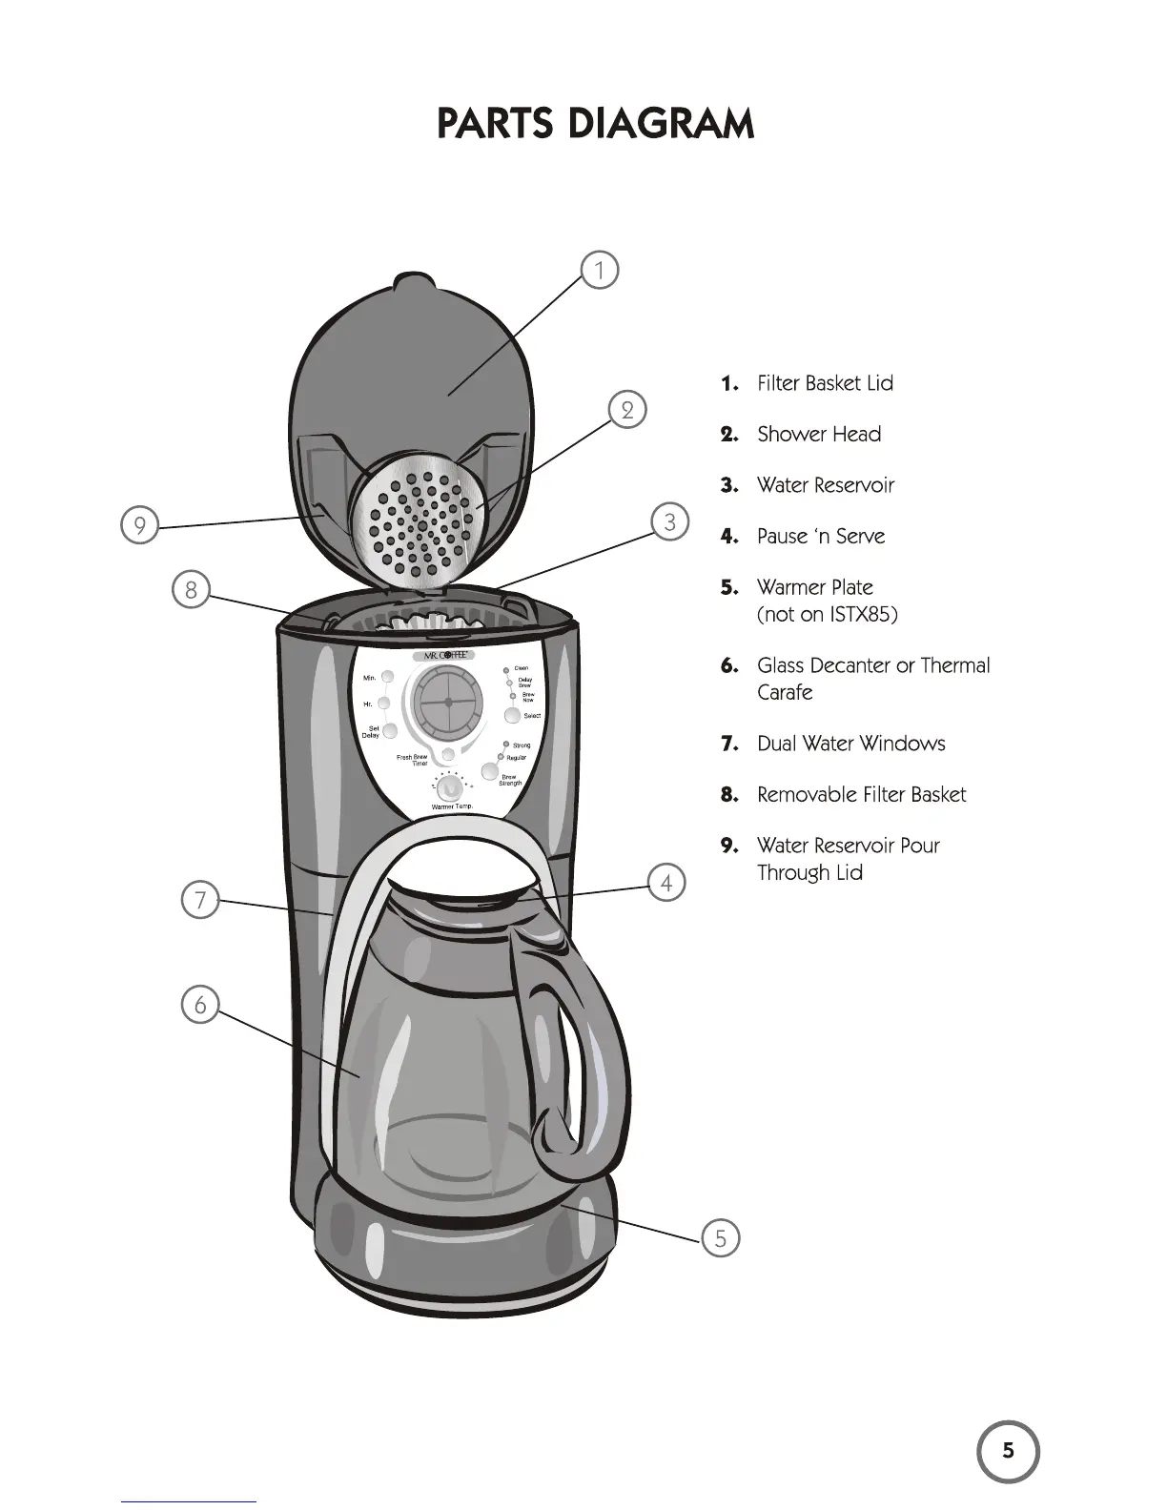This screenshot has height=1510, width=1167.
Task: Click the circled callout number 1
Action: [600, 270]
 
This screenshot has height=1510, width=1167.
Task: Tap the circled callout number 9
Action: [139, 526]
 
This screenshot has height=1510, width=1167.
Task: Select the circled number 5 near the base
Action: [720, 1238]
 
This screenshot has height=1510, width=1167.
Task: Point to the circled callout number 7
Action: [200, 900]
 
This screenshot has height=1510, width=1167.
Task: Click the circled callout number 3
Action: [670, 522]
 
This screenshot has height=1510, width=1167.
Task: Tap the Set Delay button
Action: [389, 731]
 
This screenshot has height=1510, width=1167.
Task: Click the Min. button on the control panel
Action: [386, 678]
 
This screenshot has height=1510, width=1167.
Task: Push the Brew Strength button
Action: [491, 771]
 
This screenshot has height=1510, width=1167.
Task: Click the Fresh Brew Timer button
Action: [447, 754]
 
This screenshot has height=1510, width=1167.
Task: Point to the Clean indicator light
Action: [506, 670]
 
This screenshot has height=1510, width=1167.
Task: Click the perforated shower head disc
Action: [418, 525]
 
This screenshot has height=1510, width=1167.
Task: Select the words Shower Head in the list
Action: [818, 435]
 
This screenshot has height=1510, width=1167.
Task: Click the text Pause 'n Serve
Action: [820, 537]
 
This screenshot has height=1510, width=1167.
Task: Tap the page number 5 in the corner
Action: [1008, 1452]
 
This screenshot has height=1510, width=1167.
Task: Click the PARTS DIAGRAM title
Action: [595, 125]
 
